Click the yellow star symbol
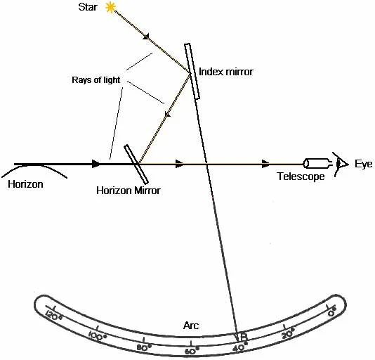coord(110,8)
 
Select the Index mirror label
coord(227,72)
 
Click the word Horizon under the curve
coord(26,184)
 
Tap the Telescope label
coord(300,177)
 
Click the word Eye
coord(363,164)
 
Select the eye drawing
coord(342,165)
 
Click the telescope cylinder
coord(315,164)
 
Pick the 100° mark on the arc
coord(98,335)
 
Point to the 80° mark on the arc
coord(144,347)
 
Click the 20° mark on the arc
coord(287,335)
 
